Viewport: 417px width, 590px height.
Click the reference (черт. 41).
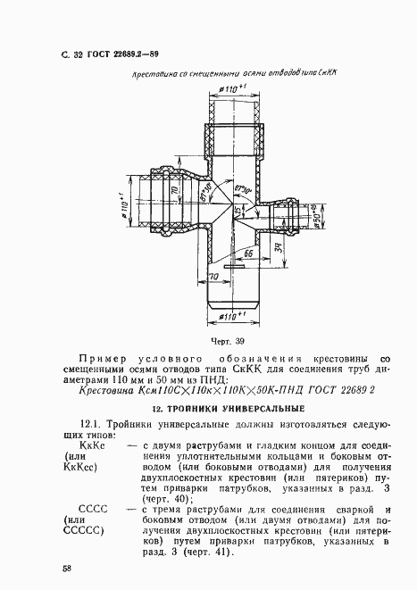pos(204,551)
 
